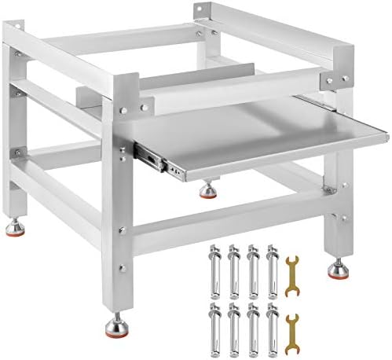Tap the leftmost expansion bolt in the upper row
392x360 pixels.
pos(212,267)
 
